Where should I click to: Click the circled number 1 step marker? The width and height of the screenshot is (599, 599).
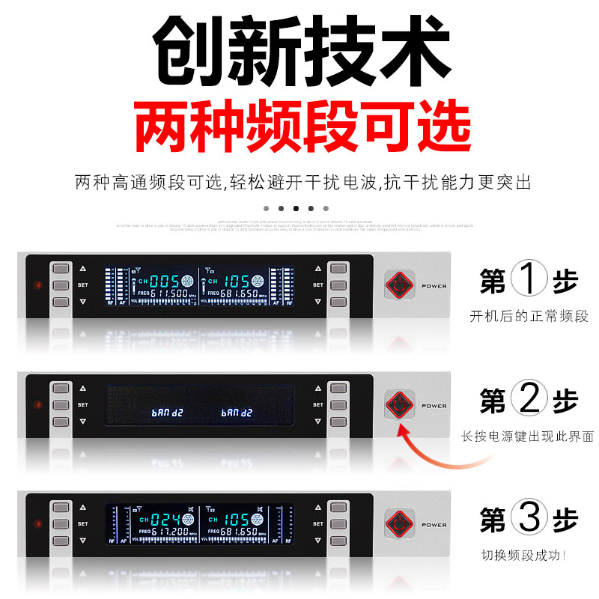[529, 282]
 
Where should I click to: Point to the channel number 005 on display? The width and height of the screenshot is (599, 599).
[165, 281]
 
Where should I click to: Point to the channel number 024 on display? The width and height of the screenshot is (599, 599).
[165, 519]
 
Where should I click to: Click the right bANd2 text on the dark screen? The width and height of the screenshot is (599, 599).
[237, 413]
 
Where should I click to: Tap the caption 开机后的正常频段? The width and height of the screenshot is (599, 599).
[529, 316]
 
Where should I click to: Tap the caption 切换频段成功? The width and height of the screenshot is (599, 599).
[524, 556]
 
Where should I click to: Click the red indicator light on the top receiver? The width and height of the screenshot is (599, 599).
[36, 285]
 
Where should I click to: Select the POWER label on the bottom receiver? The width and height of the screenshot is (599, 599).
[434, 525]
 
